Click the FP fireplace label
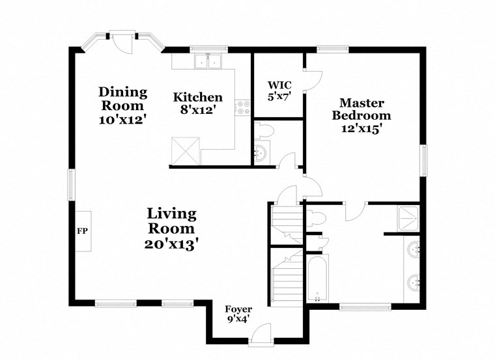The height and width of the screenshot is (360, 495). [82, 231]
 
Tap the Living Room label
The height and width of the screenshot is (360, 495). [171, 221]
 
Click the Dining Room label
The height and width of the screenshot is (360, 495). [122, 98]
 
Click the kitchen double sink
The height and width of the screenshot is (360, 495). [209, 62]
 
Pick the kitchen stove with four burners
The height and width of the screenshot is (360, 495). [244, 107]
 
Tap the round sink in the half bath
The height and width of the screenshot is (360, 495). [261, 154]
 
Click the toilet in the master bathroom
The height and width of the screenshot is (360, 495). [315, 217]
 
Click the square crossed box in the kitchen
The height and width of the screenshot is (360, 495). [186, 151]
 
